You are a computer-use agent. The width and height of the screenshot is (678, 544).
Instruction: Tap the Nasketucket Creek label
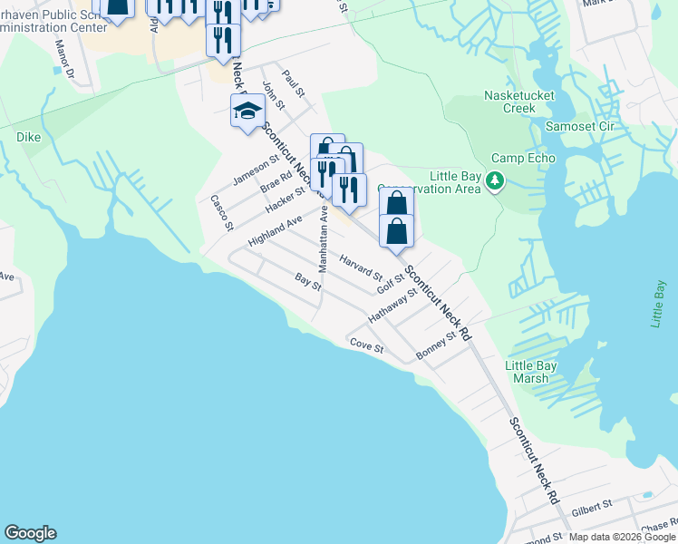518,102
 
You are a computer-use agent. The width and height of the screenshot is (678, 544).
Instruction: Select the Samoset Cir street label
580,126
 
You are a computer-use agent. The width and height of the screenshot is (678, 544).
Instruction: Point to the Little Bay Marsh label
530,372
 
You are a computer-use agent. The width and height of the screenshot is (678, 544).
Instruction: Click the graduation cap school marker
247,112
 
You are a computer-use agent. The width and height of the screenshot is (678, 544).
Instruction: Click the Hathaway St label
392,306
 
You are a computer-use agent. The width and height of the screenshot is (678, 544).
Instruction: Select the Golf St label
391,283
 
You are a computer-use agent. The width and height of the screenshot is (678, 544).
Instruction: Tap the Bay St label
308,281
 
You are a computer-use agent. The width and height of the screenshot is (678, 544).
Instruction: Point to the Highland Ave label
275,233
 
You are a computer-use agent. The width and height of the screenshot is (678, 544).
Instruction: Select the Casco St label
222,212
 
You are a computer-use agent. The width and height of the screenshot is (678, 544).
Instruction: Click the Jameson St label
256,170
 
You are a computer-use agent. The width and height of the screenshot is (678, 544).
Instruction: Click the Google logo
30,533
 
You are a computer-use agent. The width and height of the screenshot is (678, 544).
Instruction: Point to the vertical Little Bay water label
660,303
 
